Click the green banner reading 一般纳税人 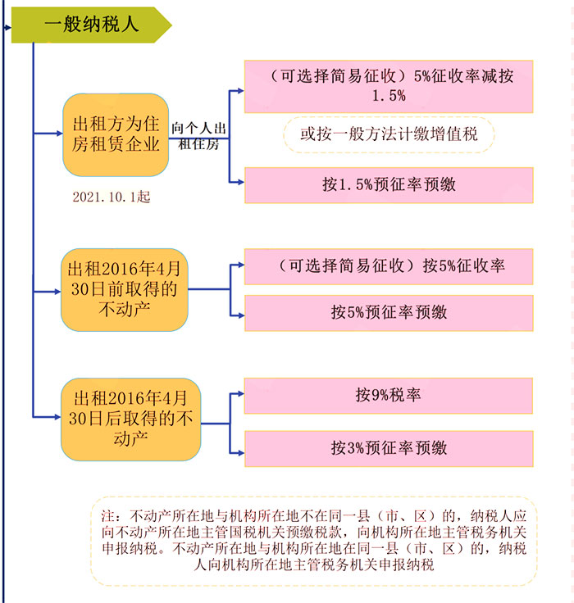91,25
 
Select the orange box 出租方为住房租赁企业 116,134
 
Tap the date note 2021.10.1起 112,197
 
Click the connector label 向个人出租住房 198,136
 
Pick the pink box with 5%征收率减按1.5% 389,87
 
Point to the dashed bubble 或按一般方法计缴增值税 389,134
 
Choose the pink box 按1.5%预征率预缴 389,185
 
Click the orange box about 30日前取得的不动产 125,289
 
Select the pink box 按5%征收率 389,266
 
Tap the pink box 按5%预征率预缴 389,313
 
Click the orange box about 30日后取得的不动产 131,419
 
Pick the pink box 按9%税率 389,396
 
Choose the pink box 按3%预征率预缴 389,449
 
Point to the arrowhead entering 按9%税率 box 241,394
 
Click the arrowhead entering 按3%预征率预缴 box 241,453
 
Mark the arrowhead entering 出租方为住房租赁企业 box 59,134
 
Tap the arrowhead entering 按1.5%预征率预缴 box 241,182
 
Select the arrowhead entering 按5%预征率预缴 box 241,315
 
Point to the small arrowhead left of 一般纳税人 8,28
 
